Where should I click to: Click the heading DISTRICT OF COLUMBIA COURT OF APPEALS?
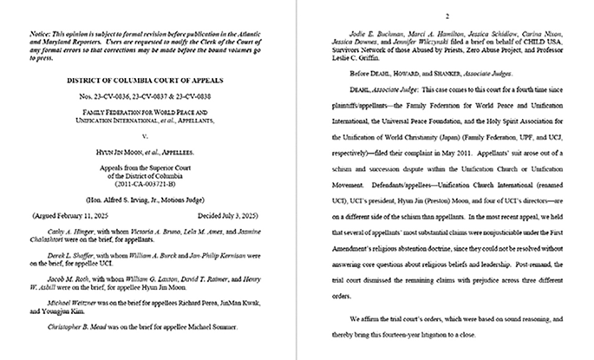tap(151, 80)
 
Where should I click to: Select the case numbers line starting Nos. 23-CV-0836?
tap(151, 95)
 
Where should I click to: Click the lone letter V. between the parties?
tap(151, 134)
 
